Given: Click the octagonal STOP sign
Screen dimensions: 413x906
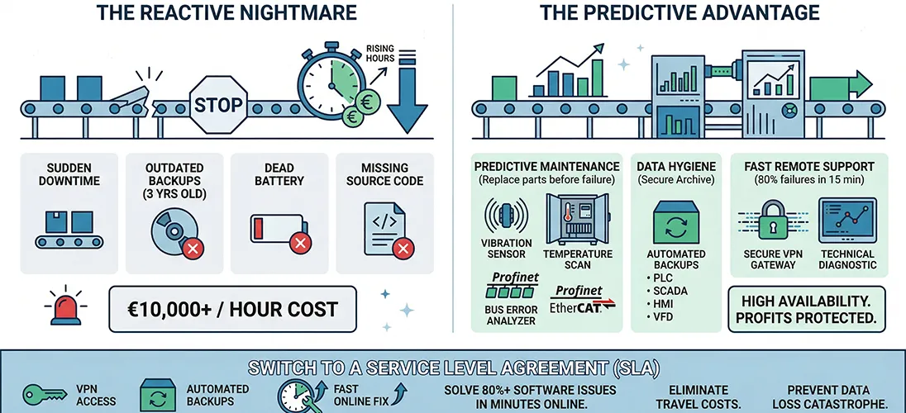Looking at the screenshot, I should coord(218,105).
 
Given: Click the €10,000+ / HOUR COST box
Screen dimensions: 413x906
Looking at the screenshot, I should coord(232,310).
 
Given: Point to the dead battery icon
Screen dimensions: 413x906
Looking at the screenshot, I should coord(278,228).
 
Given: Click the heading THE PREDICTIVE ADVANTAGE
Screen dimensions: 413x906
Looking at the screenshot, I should coord(679,12).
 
